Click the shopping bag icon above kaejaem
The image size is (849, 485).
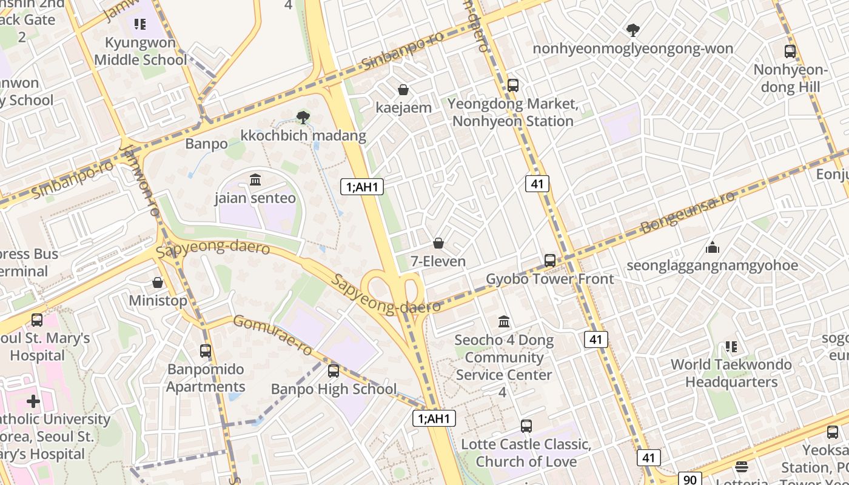click(x=403, y=90)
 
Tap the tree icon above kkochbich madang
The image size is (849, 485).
click(x=303, y=117)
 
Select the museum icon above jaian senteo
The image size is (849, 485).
click(x=255, y=180)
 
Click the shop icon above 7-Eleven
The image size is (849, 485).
click(x=438, y=244)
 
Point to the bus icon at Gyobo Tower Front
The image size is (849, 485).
click(x=550, y=261)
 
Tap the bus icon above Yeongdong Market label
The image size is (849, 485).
click(x=513, y=85)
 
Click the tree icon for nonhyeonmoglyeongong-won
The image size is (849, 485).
click(x=633, y=30)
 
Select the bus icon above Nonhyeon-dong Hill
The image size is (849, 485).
click(x=790, y=52)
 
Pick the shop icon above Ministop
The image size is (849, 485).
click(x=158, y=283)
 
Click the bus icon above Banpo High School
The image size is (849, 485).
click(x=334, y=371)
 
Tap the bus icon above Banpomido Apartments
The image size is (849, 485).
click(x=206, y=351)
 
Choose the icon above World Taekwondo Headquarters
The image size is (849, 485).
click(x=731, y=347)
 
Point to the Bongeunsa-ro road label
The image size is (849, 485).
click(x=688, y=212)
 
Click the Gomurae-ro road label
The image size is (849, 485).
click(x=273, y=335)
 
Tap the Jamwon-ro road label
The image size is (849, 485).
click(x=141, y=180)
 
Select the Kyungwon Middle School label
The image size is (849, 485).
click(x=141, y=52)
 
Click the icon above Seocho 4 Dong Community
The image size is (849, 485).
click(x=504, y=321)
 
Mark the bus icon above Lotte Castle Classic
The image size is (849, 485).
click(x=526, y=426)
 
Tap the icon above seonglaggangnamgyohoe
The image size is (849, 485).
click(x=713, y=247)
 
